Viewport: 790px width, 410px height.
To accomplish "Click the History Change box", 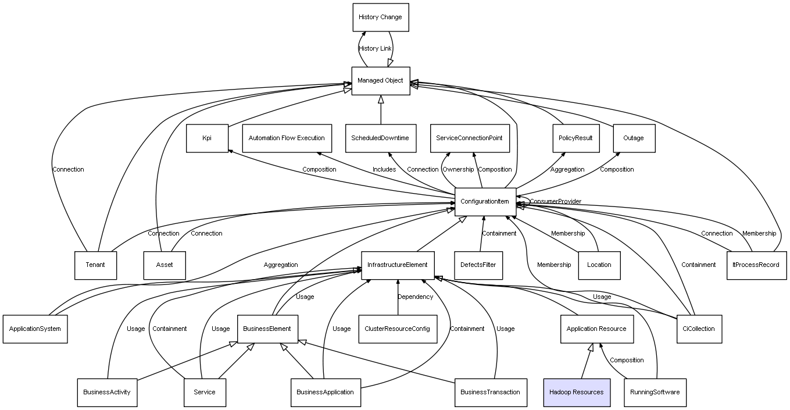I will [x=380, y=17].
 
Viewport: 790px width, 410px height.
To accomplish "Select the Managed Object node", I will [x=380, y=81].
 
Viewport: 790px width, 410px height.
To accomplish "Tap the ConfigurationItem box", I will [x=485, y=202].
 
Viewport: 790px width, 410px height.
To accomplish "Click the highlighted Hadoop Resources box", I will [x=576, y=392].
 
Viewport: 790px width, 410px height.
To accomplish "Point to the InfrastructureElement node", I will [x=398, y=265].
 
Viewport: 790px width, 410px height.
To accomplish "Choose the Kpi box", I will [x=207, y=138].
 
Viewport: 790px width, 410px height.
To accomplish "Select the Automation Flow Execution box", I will [x=287, y=138].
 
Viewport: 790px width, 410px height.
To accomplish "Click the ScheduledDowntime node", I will [x=380, y=138].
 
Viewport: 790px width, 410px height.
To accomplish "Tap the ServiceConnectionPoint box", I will [x=470, y=138].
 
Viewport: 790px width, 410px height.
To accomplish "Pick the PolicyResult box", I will [x=575, y=138].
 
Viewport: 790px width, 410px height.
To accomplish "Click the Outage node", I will [x=634, y=138].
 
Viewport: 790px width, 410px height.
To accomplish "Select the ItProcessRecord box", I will [x=756, y=265].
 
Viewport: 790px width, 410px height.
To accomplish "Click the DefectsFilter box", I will [x=478, y=265].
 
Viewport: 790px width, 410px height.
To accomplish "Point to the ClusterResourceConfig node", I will [x=398, y=329].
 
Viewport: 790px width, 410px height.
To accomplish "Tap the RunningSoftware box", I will [x=655, y=392].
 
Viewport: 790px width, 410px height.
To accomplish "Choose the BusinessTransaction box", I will [x=490, y=392].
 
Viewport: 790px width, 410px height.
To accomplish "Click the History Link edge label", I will [x=375, y=49].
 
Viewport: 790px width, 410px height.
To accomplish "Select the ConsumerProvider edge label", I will [x=555, y=202].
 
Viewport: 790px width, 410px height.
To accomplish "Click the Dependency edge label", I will [x=415, y=297].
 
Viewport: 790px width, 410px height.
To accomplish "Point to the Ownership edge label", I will [x=457, y=170].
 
